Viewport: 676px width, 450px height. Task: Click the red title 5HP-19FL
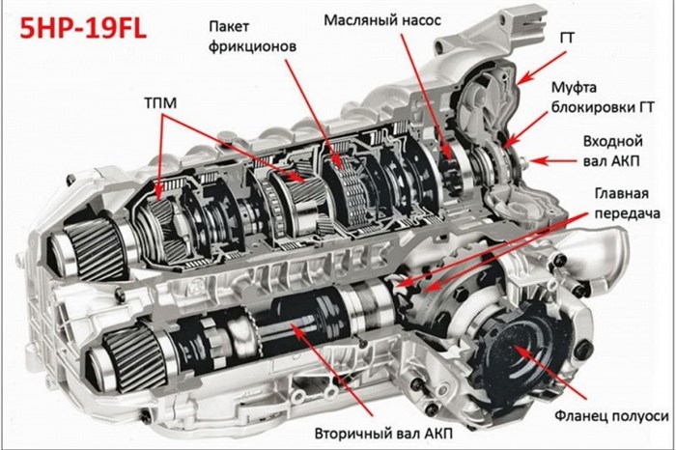click(x=83, y=28)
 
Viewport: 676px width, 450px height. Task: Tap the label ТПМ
click(x=160, y=103)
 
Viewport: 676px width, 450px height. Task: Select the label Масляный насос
click(x=382, y=20)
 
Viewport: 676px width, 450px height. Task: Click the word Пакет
click(x=229, y=26)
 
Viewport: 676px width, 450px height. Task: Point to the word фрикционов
click(x=253, y=46)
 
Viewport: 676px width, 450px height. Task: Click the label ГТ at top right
click(x=567, y=39)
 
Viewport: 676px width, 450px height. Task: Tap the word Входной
click(x=612, y=141)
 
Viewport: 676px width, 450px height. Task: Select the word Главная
click(x=621, y=193)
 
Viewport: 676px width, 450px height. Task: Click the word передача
click(x=627, y=213)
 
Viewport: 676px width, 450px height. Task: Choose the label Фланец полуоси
click(x=611, y=415)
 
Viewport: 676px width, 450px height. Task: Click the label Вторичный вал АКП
click(x=383, y=433)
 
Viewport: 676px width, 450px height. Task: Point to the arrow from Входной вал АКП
click(x=553, y=161)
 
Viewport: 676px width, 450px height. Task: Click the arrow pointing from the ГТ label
click(x=541, y=67)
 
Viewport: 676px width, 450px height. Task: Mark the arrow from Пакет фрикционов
click(x=314, y=113)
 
